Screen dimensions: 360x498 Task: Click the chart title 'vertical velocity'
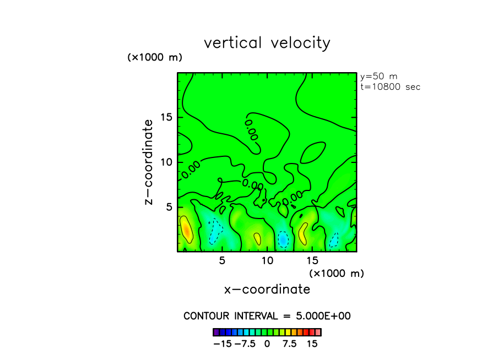267,43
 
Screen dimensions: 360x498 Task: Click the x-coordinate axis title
267,289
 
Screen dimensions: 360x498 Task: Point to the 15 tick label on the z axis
167,117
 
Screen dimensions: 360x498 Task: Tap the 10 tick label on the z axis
167,162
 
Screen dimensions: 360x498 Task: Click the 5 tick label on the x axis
222,260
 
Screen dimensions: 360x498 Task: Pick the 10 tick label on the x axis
267,260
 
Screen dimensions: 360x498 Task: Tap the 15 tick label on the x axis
312,260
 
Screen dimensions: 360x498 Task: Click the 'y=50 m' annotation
378,77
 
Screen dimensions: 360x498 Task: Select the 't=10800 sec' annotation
389,87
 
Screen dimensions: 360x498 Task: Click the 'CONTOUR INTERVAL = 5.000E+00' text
267,316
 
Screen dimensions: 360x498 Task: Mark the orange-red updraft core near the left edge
187,231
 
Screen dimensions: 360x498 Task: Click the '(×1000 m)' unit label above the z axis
155,57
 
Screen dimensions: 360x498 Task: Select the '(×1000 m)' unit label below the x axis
337,273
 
